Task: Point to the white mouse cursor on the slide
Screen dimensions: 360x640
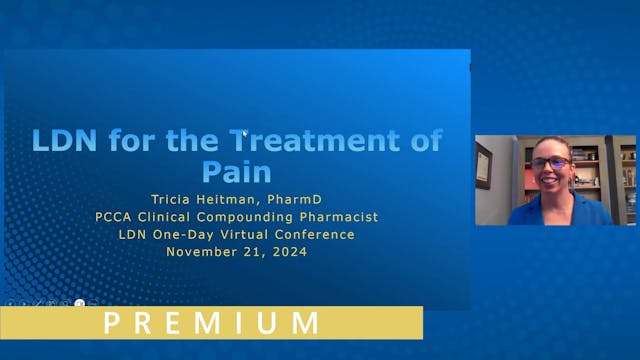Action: point(245,131)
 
